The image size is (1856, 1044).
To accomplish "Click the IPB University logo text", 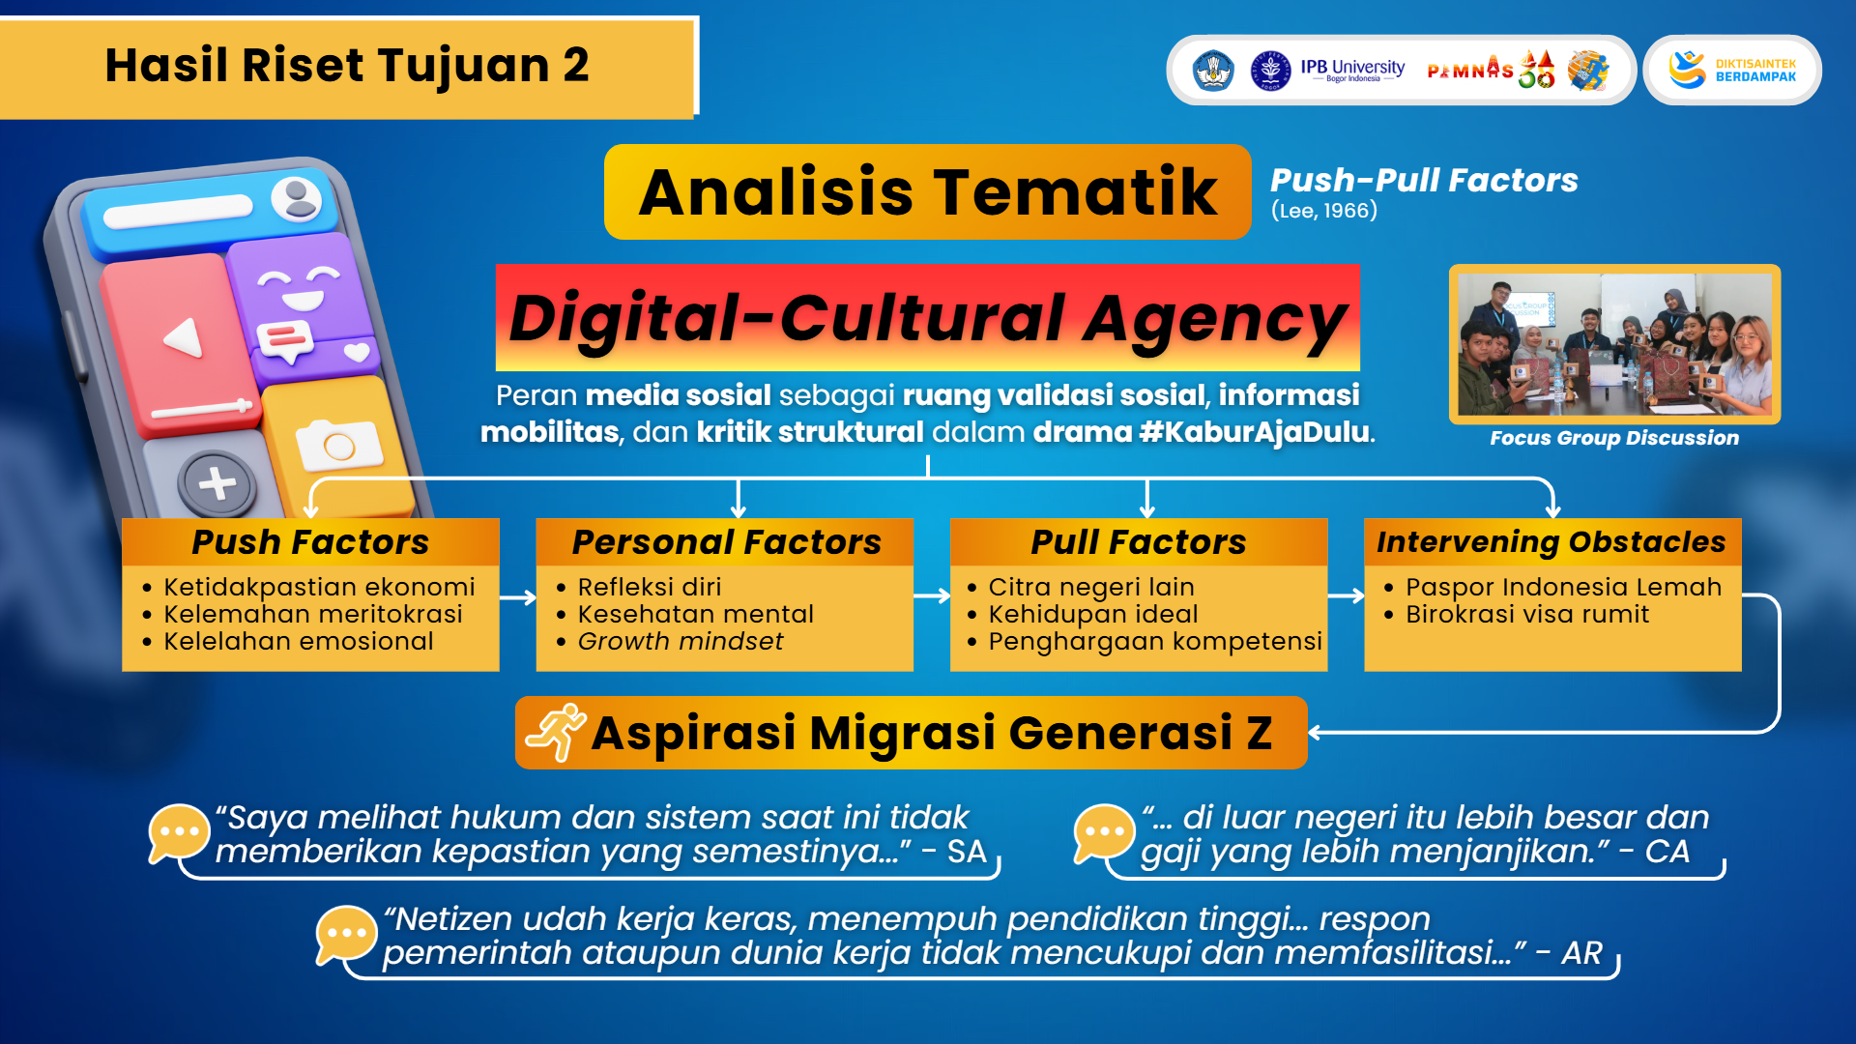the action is coord(1352,70).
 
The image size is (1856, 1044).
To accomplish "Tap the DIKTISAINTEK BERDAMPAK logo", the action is coord(1732,70).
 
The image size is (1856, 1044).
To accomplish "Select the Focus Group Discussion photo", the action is coord(1614,344).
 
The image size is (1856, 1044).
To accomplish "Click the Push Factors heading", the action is coord(310,542).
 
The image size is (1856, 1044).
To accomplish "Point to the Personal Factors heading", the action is coord(726,542).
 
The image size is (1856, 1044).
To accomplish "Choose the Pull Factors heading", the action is coord(1139,542).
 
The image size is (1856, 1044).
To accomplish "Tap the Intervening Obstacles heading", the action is coord(1551,542).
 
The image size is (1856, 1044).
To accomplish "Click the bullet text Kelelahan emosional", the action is coord(299,641).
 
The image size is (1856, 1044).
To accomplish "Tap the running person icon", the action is coord(556,733).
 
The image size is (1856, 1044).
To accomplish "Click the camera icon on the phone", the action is coord(338,445).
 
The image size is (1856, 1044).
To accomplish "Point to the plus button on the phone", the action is coord(217,482).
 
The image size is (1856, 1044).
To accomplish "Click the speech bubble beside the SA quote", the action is coord(179,832).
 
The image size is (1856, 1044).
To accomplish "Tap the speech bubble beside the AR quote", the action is coord(346,935).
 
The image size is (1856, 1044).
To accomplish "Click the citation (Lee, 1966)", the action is coord(1324,211).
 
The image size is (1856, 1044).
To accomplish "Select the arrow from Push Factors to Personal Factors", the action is coord(518,597).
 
